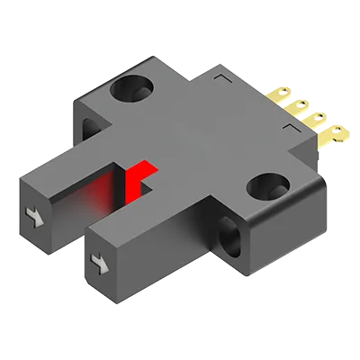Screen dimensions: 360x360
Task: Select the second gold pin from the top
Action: (x=299, y=106)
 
